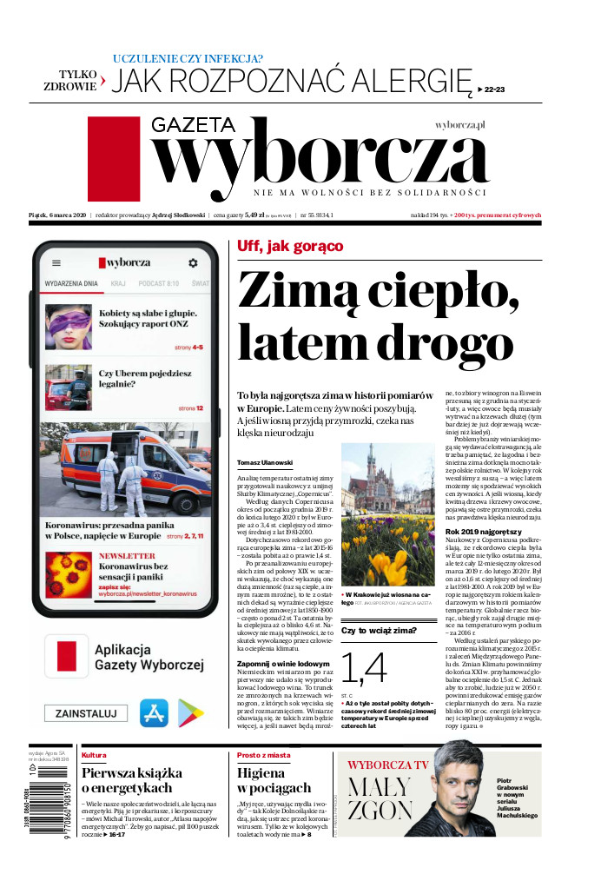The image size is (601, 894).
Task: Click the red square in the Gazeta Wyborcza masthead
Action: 113,159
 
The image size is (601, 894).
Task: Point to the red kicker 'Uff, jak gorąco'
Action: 290,246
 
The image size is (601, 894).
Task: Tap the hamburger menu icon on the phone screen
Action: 56,262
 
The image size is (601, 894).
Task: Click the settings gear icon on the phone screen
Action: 193,262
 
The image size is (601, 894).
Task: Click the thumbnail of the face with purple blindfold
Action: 69,327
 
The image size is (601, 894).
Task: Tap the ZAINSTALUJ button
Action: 87,713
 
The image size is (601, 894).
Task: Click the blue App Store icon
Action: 155,713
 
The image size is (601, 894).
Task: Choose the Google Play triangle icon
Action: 191,713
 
